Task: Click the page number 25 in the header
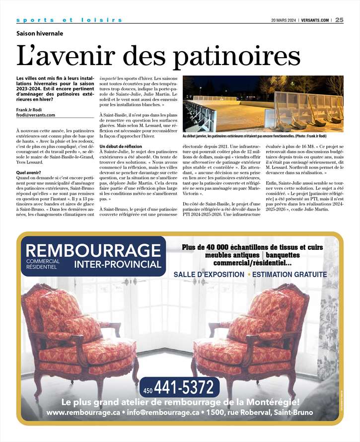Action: point(339,20)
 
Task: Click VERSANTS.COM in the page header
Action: point(315,20)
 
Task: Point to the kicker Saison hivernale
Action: point(40,34)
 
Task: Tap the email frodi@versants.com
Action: point(36,115)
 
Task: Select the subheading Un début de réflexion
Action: point(121,147)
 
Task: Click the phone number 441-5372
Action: point(186,385)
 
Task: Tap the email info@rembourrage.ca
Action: point(163,413)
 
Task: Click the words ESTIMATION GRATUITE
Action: point(289,275)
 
